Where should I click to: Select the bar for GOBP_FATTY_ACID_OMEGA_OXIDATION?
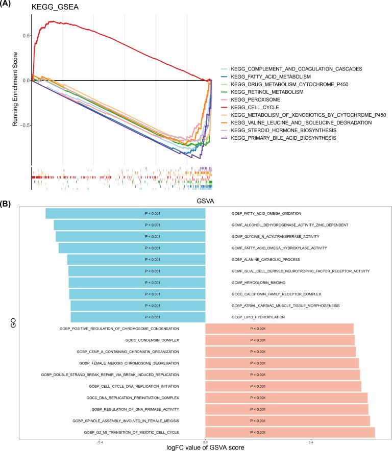coord(125,213)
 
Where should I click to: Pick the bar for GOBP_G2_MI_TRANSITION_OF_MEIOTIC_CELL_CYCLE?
coord(290,433)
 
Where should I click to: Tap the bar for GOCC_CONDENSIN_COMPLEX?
coord(280,340)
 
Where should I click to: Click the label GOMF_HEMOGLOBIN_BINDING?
coord(258,283)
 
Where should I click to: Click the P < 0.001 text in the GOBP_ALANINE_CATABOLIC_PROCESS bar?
coord(153,260)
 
